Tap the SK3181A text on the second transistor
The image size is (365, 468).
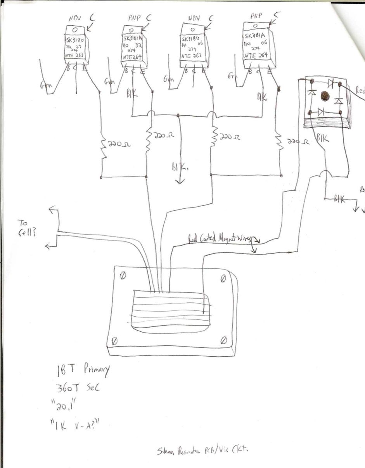tap(133, 39)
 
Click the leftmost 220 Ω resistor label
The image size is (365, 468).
tap(119, 144)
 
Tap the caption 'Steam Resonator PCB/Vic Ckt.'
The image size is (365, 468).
tap(202, 450)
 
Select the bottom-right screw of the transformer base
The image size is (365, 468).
tap(223, 340)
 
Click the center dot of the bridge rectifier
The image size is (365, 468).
tap(324, 94)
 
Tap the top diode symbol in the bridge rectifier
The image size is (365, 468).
tap(331, 82)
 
